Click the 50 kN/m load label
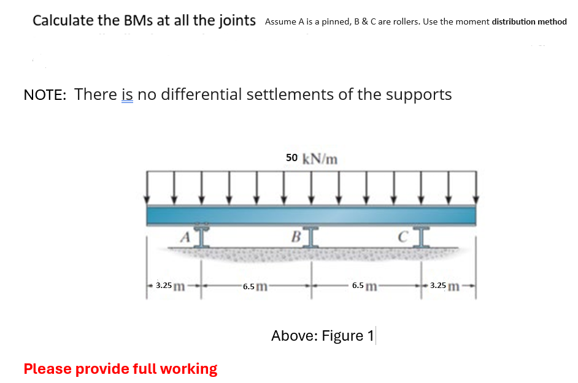pyautogui.click(x=312, y=159)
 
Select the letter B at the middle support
pyautogui.click(x=296, y=237)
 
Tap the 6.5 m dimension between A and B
pyautogui.click(x=255, y=286)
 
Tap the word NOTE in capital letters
pyautogui.click(x=45, y=94)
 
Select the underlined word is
pyautogui.click(x=128, y=94)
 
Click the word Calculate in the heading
pyautogui.click(x=62, y=20)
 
